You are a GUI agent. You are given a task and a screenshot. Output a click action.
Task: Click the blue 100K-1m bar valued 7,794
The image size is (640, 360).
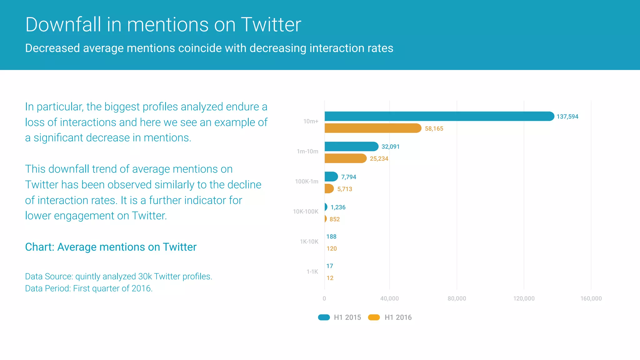tap(331, 177)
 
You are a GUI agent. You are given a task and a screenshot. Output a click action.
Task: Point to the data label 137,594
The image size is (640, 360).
tap(567, 117)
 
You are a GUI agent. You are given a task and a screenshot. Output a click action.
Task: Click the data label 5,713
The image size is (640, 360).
tap(344, 189)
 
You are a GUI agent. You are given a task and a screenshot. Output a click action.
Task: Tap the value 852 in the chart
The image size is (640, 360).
tap(334, 219)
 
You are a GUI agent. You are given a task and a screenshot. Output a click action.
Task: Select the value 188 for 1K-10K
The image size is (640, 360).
tap(331, 237)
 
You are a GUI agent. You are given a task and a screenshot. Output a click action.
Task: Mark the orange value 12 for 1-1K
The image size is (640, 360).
tap(330, 278)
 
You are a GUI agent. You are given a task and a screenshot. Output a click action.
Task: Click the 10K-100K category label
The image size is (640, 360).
tap(305, 212)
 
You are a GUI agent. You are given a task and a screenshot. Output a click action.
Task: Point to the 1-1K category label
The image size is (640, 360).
tap(312, 272)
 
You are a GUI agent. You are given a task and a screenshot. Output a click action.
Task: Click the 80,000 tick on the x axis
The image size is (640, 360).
tap(457, 298)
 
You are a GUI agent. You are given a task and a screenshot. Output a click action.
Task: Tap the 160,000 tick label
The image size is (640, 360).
tap(591, 298)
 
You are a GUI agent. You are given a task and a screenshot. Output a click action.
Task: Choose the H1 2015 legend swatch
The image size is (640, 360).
tap(324, 317)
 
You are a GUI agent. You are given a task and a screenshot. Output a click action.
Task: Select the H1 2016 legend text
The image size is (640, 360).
tap(398, 317)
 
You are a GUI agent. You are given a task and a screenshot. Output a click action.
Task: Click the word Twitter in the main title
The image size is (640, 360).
tap(271, 24)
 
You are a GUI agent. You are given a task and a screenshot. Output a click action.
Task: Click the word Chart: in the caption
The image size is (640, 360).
tap(40, 247)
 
